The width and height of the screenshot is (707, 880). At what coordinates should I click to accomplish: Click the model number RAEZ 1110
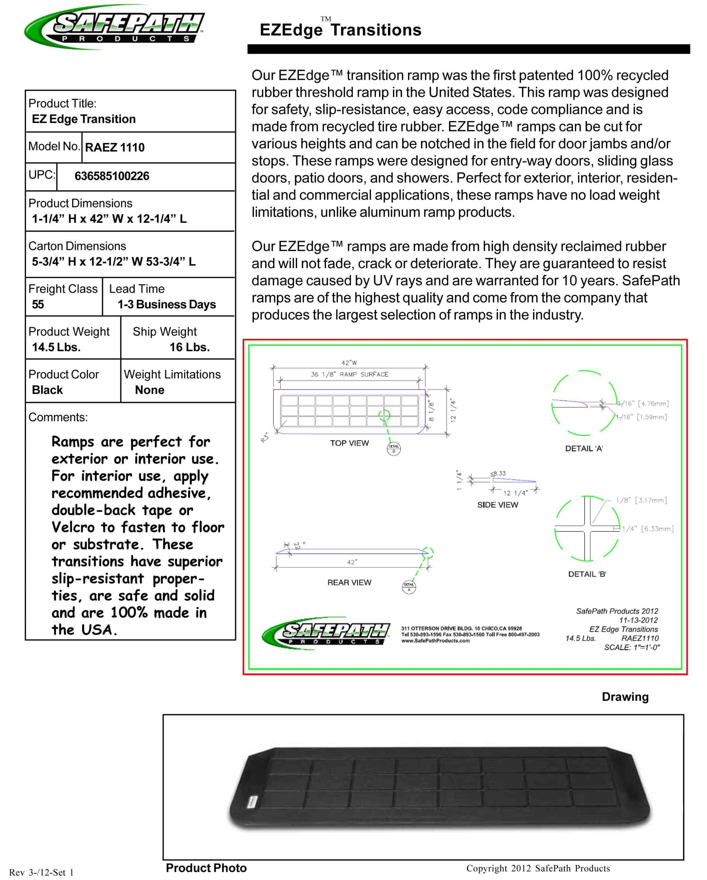[x=115, y=147]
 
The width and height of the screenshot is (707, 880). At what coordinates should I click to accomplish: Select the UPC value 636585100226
[x=112, y=176]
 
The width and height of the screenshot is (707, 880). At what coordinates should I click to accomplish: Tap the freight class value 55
[x=38, y=304]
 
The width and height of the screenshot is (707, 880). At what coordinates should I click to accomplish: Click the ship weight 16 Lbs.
[x=189, y=347]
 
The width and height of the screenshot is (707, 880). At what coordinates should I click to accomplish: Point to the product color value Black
[x=47, y=390]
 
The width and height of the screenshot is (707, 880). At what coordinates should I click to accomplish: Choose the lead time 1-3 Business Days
[x=166, y=304]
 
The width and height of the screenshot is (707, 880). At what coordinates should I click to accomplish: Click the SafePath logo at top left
[x=114, y=27]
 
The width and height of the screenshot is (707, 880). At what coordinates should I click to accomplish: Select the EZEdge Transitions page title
[x=340, y=30]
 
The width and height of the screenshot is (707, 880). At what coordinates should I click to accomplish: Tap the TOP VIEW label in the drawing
[x=349, y=443]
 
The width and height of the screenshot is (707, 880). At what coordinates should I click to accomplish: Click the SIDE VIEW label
[x=497, y=505]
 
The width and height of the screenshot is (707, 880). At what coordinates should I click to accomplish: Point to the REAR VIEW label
[x=349, y=582]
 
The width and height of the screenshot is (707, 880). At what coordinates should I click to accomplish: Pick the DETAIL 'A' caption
[x=584, y=448]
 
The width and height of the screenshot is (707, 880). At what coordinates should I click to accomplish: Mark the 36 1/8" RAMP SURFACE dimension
[x=349, y=374]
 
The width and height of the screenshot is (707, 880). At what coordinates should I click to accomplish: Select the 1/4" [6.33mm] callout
[x=648, y=529]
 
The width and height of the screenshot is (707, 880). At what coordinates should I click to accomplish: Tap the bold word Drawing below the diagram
[x=625, y=697]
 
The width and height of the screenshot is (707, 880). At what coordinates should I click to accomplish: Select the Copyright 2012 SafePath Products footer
[x=538, y=868]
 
